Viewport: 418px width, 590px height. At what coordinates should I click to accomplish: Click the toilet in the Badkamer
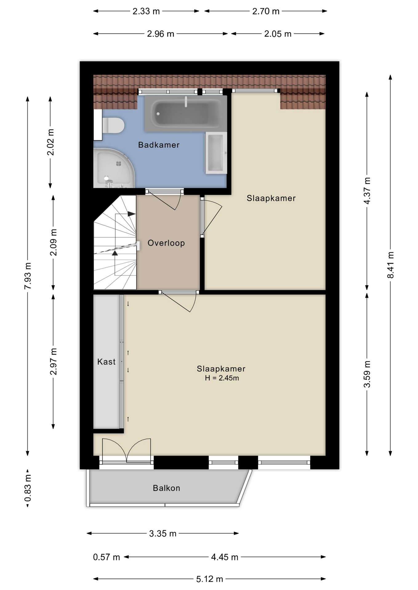pos(113,125)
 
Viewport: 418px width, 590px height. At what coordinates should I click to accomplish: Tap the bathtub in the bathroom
pos(186,113)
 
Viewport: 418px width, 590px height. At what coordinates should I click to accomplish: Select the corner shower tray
pos(114,168)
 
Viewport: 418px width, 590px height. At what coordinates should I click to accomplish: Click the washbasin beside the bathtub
pos(216,153)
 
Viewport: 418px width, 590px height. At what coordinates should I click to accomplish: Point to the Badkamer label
pos(159,145)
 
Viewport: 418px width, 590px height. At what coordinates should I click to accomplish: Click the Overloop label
pos(166,243)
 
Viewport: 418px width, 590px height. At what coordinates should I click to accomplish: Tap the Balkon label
pos(167,488)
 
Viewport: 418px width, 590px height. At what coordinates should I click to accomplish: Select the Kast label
pos(107,362)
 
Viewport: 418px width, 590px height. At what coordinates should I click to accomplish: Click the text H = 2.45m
pos(222,378)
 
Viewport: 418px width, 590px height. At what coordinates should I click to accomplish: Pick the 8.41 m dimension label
pos(390,265)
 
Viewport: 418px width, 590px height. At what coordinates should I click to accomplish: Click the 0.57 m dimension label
pos(107,557)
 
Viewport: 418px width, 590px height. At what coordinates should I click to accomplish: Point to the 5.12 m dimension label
pos(210,579)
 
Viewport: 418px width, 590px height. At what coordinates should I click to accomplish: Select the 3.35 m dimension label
pos(163,533)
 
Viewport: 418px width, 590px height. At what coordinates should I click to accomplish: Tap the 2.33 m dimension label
pos(146,11)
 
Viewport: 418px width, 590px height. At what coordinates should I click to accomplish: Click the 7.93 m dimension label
pos(28,276)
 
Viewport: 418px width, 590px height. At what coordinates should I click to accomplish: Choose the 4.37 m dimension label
pos(367,191)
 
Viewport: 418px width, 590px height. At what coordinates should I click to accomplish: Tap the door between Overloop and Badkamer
pos(165,199)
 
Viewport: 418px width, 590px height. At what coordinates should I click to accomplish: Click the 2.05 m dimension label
pos(278,34)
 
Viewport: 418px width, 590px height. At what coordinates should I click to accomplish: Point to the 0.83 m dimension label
pos(28,488)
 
